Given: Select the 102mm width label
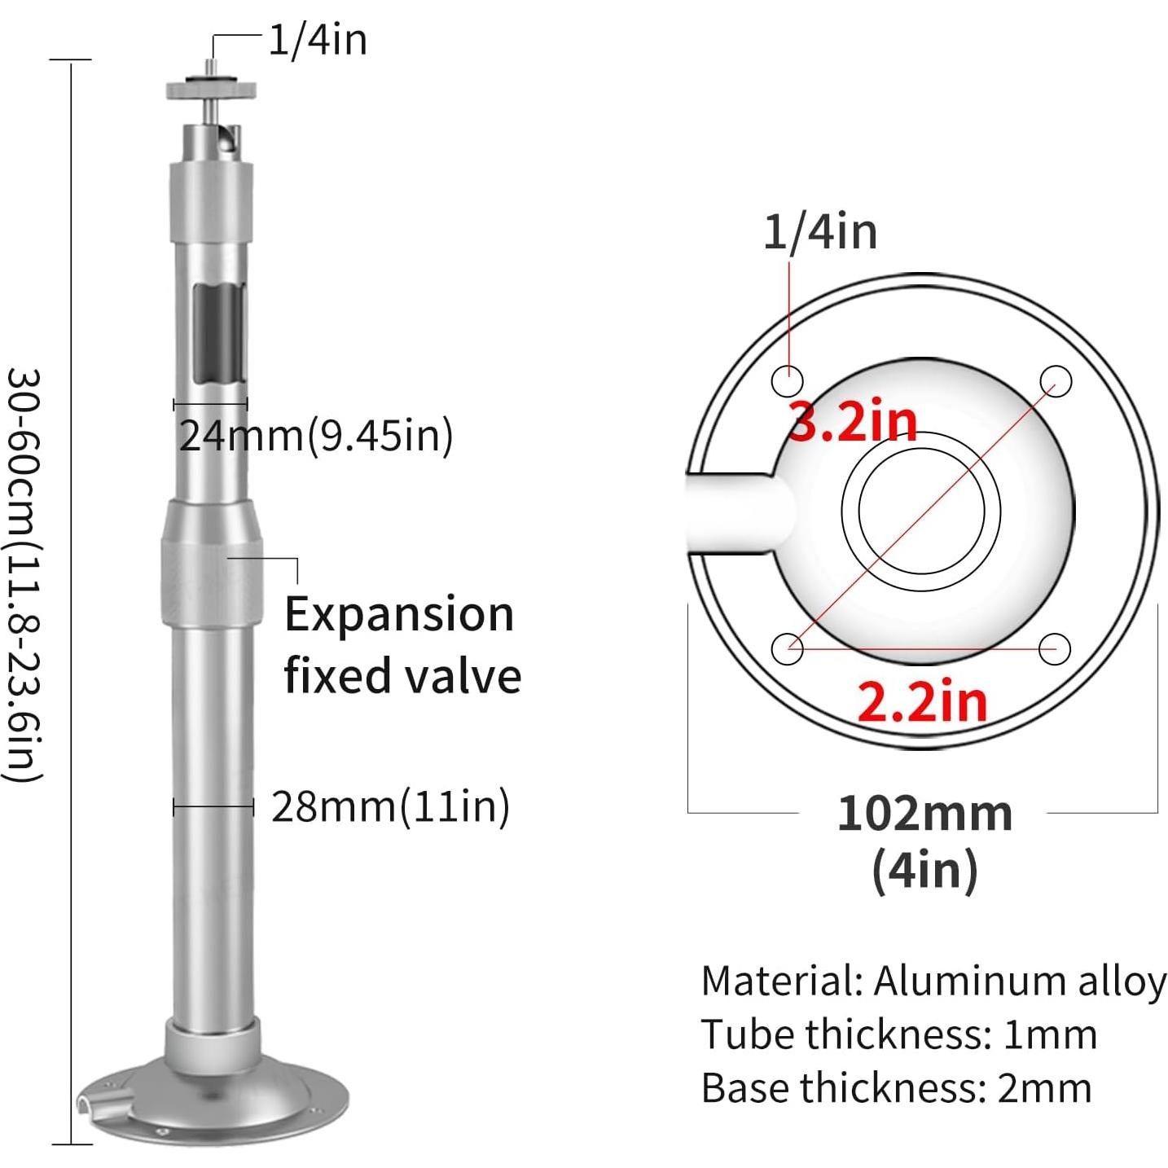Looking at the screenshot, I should coord(924,813).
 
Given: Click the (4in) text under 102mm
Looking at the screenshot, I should coord(924,870).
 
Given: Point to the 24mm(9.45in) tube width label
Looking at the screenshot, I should coord(315,435).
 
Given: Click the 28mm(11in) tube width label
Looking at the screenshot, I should coord(390,806).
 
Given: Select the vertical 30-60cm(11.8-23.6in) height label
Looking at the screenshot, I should coord(24,574).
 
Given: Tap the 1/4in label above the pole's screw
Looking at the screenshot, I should coord(318,39).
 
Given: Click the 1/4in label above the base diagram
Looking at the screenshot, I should coord(820,231).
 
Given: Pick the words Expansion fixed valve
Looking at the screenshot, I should coord(402,644).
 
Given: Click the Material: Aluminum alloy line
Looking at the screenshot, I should coord(933,981).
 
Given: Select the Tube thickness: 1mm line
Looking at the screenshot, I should coord(898,1034).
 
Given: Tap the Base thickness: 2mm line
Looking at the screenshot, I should coord(896,1087).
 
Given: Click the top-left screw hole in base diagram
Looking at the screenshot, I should coord(787,380).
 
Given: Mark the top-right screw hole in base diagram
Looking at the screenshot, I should coord(1056,380).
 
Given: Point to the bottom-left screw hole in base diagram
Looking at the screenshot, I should coord(787,648).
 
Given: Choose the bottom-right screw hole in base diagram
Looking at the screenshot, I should coord(1056,648).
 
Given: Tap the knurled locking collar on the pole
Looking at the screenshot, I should coord(213,562).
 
